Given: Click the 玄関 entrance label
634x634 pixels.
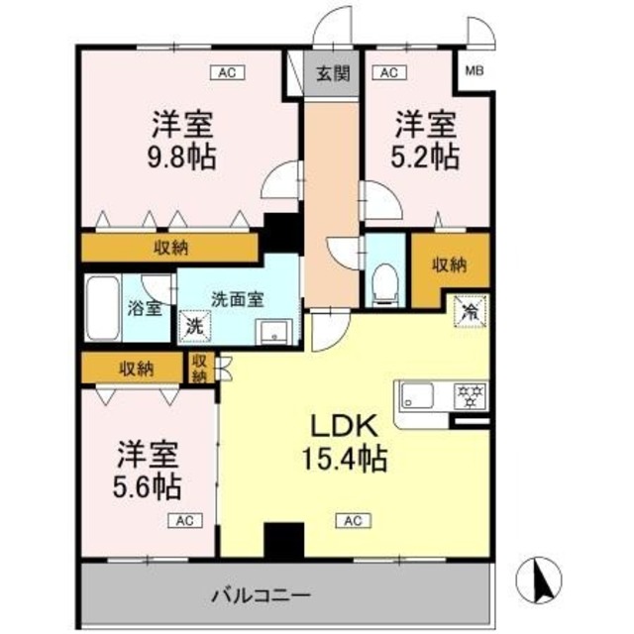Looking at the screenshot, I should [332, 74].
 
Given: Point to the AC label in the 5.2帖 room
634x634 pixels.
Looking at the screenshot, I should [387, 71].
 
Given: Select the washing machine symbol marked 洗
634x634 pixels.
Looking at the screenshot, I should [194, 325].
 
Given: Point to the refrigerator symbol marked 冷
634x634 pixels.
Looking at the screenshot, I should [469, 311].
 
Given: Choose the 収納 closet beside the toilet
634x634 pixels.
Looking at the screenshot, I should [450, 265].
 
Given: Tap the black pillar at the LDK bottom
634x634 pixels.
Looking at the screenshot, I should [281, 541].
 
